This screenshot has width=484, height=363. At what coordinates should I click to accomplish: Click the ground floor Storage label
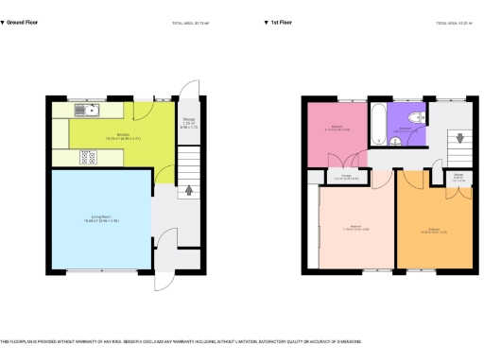coord(188,124)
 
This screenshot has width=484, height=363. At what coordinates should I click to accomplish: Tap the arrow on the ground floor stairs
coord(188,189)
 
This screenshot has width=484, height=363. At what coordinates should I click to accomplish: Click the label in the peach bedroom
coord(357,228)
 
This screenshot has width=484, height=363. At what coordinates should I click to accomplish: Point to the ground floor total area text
coord(189,22)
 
